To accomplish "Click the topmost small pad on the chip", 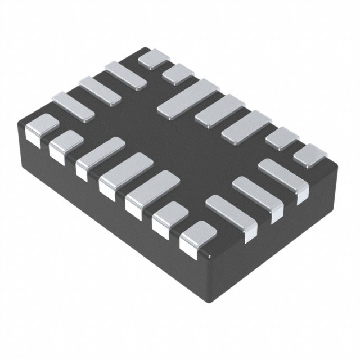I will pos(154,58).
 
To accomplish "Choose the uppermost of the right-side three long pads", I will pos(280,179).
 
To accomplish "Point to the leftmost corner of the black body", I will pos(18,127).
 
